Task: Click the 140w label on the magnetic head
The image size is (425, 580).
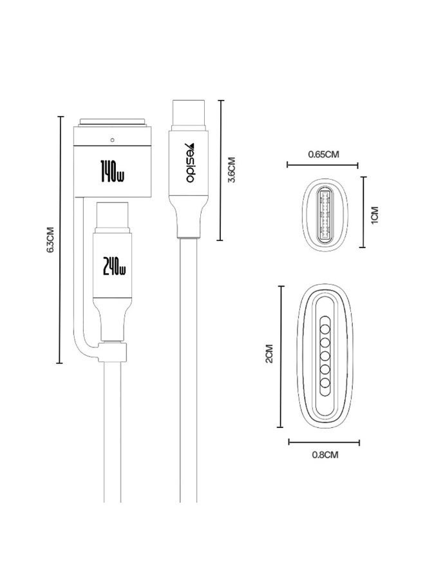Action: pyautogui.click(x=112, y=172)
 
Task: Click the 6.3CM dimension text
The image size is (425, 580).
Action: pyautogui.click(x=50, y=240)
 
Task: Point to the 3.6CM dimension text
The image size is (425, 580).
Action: pyautogui.click(x=232, y=170)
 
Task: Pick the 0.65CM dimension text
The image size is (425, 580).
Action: pyautogui.click(x=323, y=154)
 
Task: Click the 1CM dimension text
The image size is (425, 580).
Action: pyautogui.click(x=374, y=215)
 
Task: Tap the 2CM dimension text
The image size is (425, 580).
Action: pyautogui.click(x=269, y=354)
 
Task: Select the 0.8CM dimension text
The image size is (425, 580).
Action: pyautogui.click(x=325, y=454)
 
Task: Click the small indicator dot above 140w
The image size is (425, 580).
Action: pyautogui.click(x=112, y=140)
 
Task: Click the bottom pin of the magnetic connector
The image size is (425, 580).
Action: pyautogui.click(x=325, y=383)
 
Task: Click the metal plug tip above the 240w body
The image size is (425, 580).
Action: pyautogui.click(x=113, y=217)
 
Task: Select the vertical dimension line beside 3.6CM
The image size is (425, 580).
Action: pyautogui.click(x=220, y=170)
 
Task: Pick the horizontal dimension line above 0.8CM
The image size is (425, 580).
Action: pyautogui.click(x=324, y=441)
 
